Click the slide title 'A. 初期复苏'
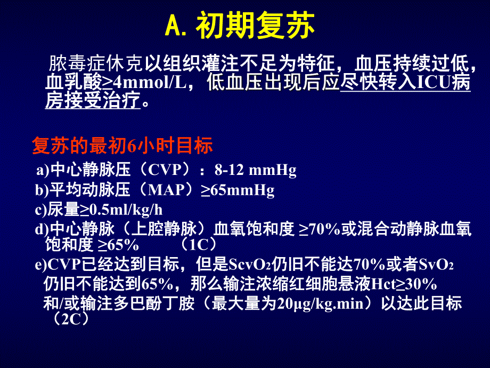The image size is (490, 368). (x=240, y=27)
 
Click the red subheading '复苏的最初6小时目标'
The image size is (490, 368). (x=123, y=146)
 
